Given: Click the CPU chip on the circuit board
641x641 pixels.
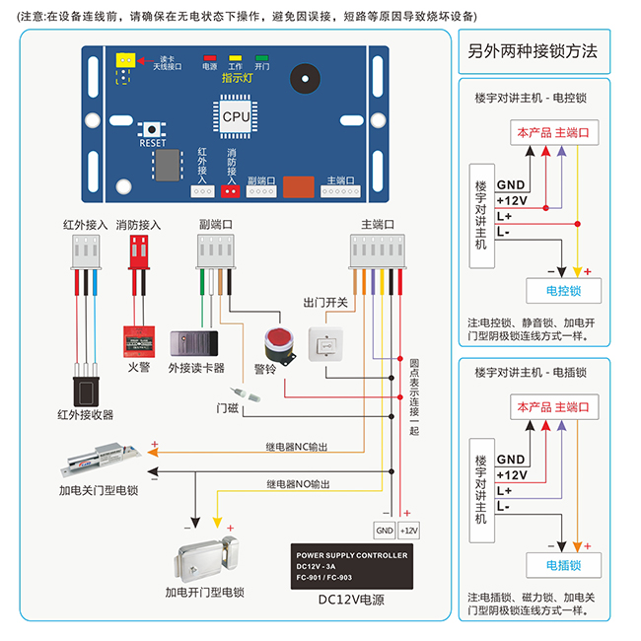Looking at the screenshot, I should [x=236, y=115].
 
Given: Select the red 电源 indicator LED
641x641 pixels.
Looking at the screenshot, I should [x=209, y=58].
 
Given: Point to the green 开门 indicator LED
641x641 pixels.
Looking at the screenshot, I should [x=261, y=58].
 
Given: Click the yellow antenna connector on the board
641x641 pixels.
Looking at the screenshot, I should [x=124, y=61].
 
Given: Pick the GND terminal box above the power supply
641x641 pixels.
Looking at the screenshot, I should [x=384, y=530].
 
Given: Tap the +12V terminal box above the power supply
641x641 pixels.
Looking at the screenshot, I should [x=409, y=530].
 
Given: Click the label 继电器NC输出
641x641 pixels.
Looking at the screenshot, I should [x=298, y=447].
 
